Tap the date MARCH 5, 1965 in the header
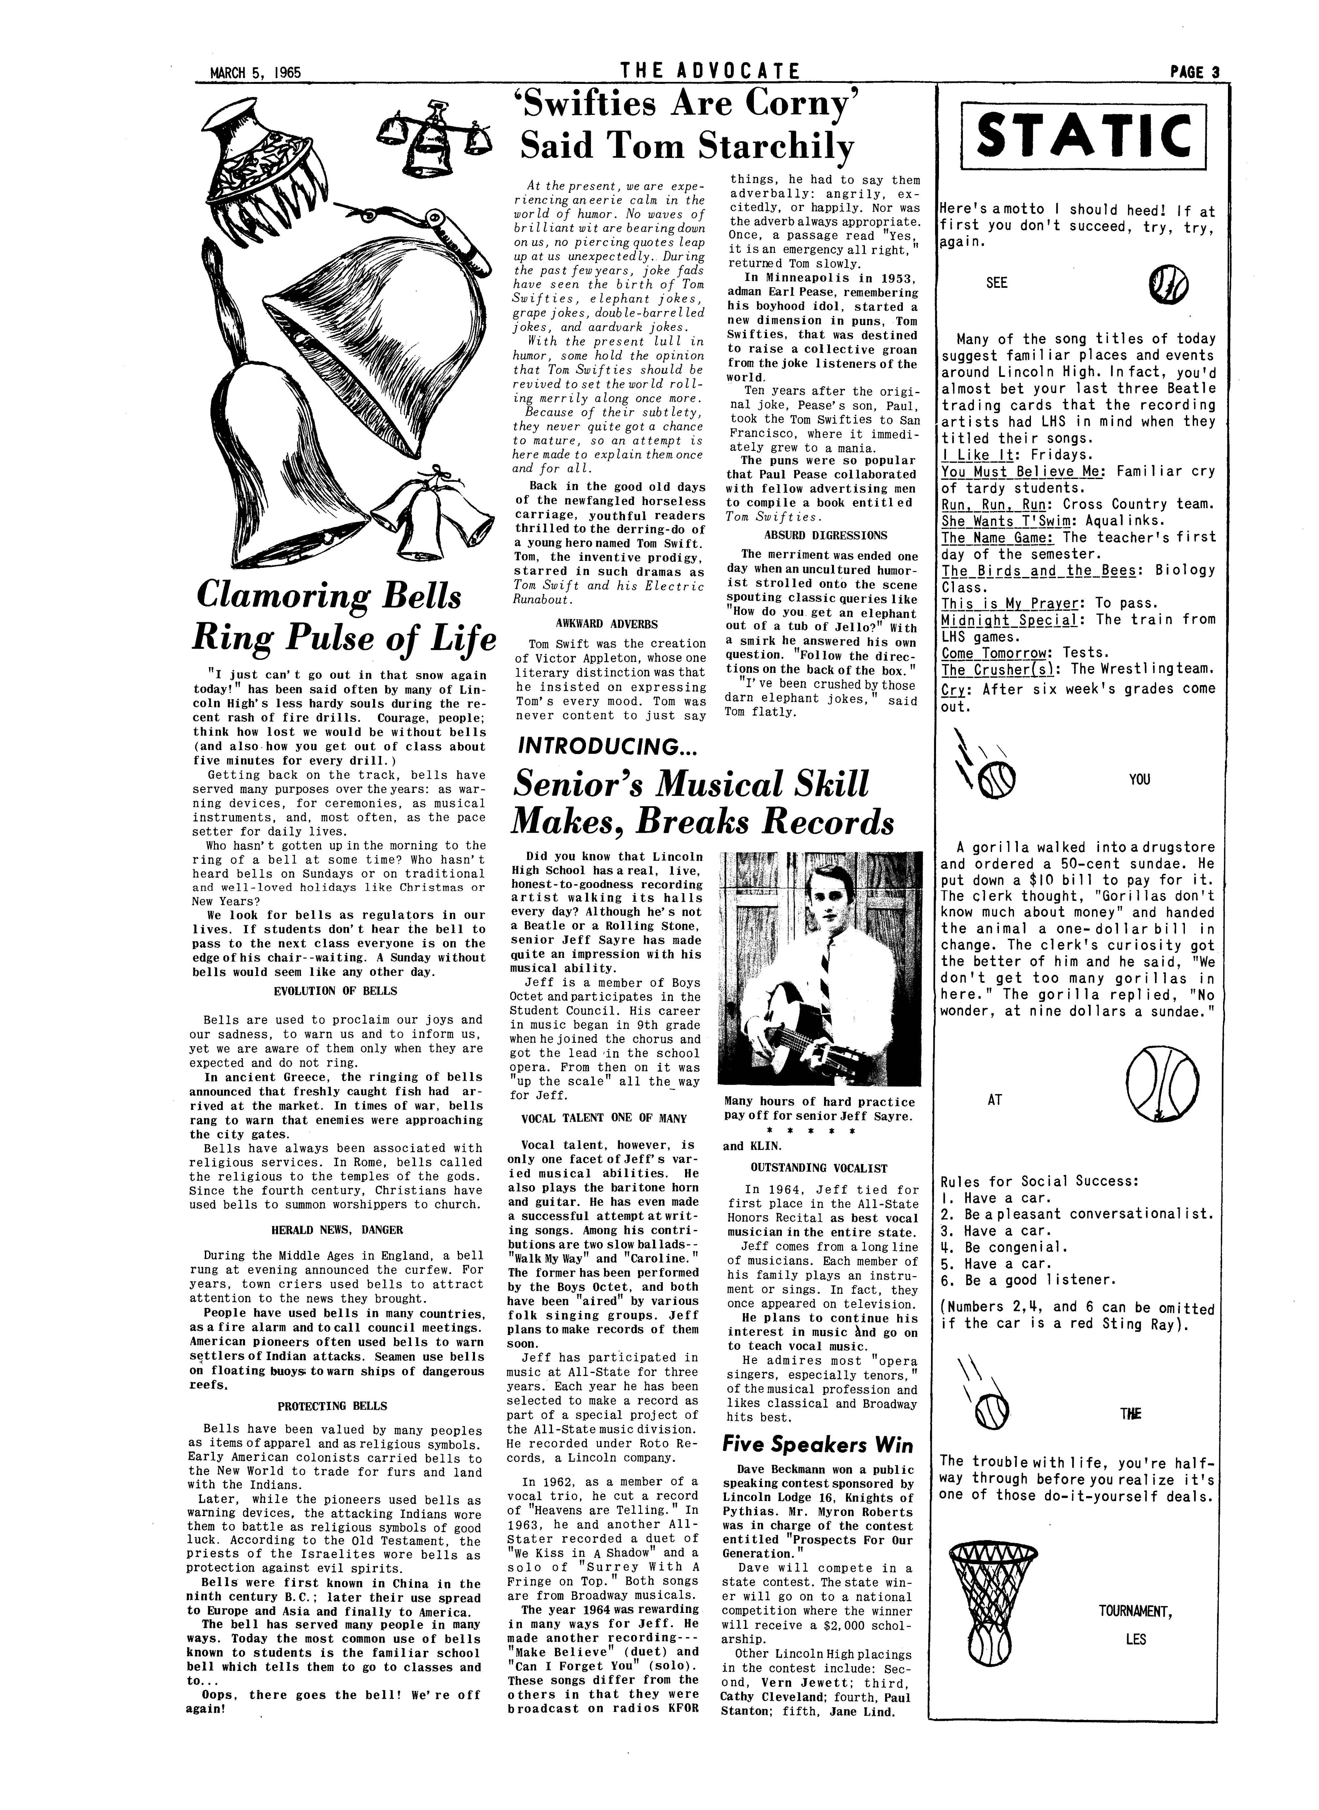(x=254, y=72)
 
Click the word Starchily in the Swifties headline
(x=776, y=147)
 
